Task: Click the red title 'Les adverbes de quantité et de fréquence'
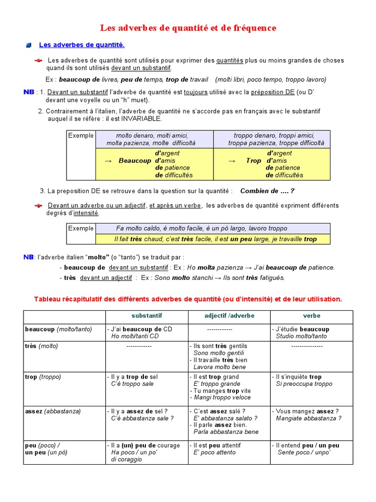188,28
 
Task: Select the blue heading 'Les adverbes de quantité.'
82,45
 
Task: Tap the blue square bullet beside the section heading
29,46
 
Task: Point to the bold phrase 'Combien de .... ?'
267,191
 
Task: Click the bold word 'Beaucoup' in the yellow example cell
135,161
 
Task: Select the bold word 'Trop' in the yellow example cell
254,161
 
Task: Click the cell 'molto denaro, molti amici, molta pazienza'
152,139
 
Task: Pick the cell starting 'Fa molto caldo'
201,228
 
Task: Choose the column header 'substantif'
147,316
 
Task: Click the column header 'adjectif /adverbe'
229,316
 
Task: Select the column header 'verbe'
311,316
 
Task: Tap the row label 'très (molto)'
42,346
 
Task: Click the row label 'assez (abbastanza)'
53,411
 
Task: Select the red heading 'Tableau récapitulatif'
188,299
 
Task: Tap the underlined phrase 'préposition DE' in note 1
273,92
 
